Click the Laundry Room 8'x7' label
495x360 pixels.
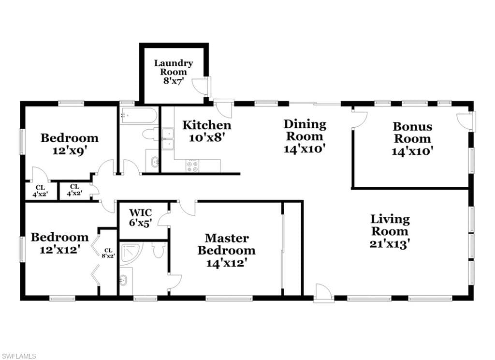pos(174,72)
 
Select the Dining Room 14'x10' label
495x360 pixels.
pos(305,136)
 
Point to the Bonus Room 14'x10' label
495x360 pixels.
pos(412,138)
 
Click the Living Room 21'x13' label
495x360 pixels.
pos(390,231)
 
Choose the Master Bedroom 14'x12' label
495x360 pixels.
pos(227,250)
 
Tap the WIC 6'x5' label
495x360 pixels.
pos(141,218)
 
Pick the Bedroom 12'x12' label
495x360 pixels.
pos(59,243)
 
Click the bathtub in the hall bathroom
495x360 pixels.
pos(139,116)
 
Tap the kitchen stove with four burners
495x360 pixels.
pos(192,166)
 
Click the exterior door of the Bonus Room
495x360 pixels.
pos(465,121)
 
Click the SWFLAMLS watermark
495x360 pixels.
pos(18,356)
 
